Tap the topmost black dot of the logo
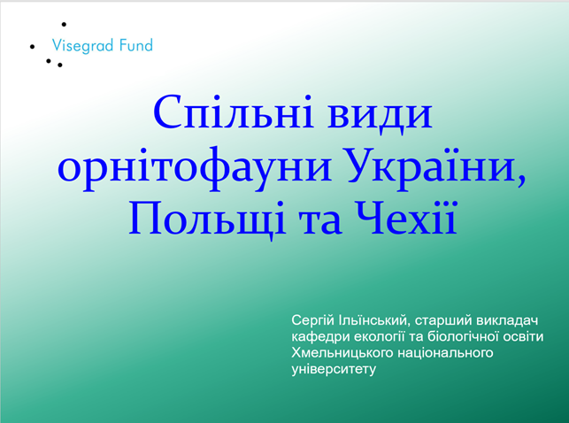64,24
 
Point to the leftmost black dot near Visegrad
32,46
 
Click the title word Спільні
234,112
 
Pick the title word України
436,167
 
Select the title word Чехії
405,218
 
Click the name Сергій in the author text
312,321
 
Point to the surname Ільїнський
376,321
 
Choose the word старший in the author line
443,321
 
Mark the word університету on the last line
334,369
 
